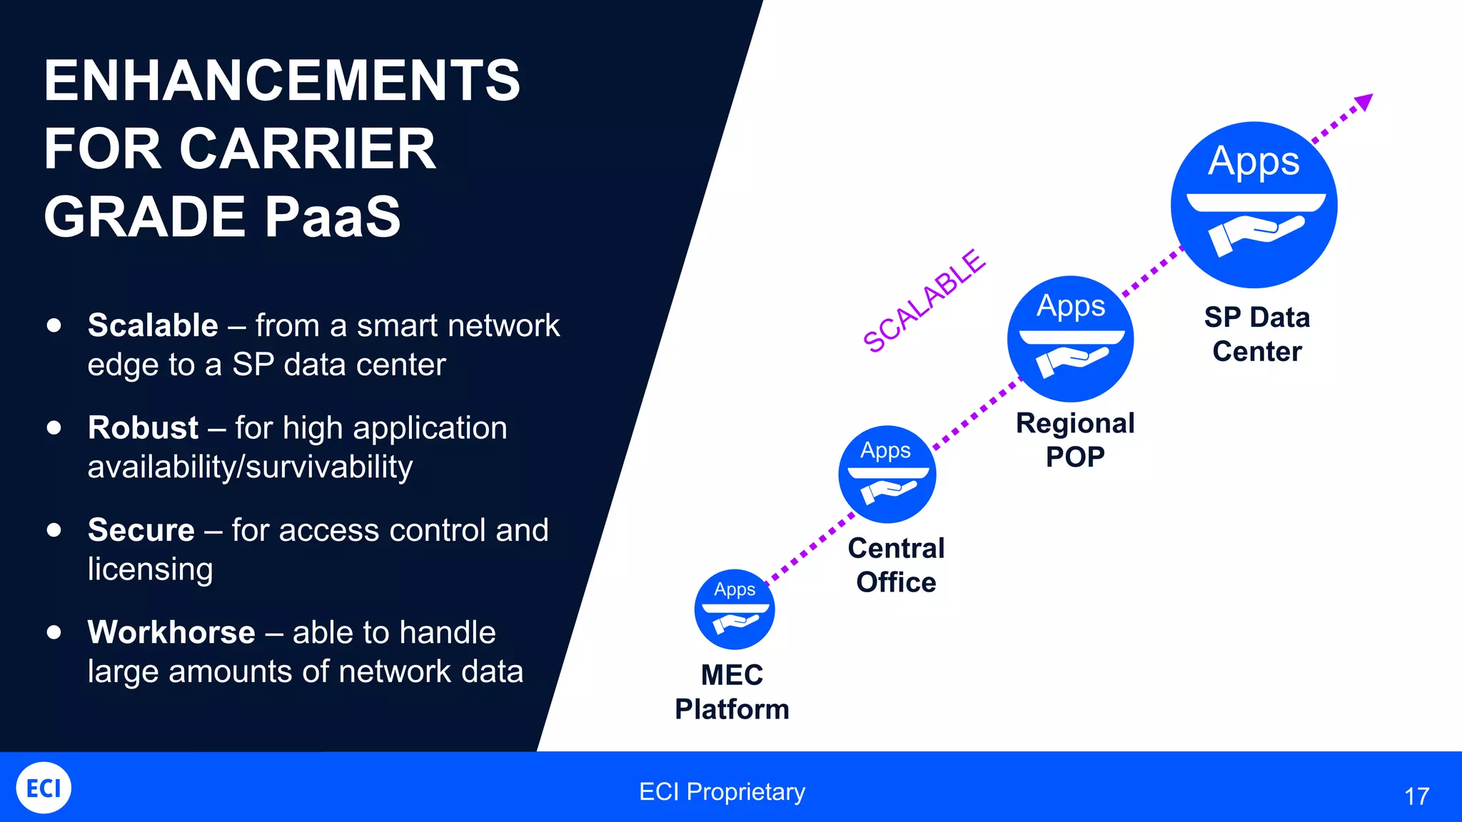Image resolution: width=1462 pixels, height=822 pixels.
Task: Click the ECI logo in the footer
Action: click(44, 788)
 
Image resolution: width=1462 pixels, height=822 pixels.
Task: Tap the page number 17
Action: click(1416, 796)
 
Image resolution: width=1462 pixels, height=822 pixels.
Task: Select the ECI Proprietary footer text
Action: click(722, 791)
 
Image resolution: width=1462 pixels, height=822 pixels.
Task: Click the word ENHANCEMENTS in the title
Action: click(282, 81)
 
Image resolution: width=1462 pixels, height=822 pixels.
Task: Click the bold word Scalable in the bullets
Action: click(153, 325)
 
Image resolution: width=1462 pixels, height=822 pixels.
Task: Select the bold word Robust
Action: click(143, 427)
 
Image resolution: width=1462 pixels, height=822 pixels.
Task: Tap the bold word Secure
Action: click(141, 529)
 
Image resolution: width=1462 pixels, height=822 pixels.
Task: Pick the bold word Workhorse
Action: click(171, 632)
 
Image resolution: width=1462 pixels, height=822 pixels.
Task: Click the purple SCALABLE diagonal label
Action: click(924, 301)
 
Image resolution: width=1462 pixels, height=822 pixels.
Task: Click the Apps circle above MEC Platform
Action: click(734, 609)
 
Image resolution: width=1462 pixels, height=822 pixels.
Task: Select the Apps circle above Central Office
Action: click(887, 474)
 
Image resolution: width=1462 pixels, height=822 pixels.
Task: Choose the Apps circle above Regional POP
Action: click(1070, 338)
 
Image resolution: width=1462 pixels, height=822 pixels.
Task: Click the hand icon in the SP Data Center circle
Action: click(1255, 235)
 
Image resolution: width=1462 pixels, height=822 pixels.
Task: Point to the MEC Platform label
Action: click(732, 691)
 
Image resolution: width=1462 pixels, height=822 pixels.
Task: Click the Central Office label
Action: click(896, 565)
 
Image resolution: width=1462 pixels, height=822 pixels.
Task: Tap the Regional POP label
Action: click(1074, 440)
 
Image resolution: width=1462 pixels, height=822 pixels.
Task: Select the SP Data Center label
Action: click(1256, 334)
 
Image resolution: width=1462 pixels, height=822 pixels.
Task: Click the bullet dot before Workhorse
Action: click(54, 632)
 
